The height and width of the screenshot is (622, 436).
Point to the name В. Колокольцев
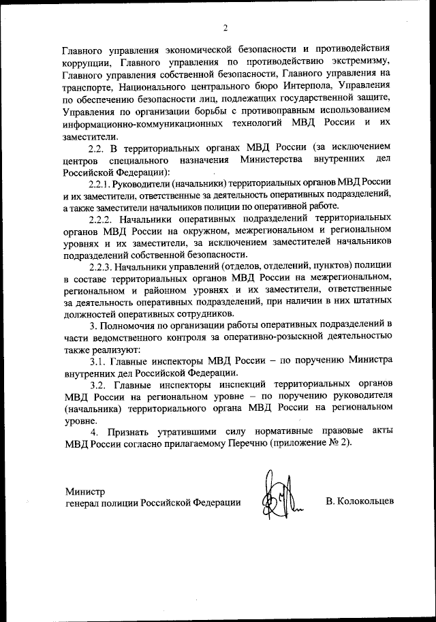point(360,502)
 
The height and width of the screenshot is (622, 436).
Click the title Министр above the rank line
point(86,490)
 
